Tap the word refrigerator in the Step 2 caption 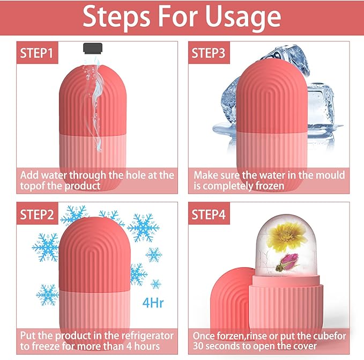(144, 336)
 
